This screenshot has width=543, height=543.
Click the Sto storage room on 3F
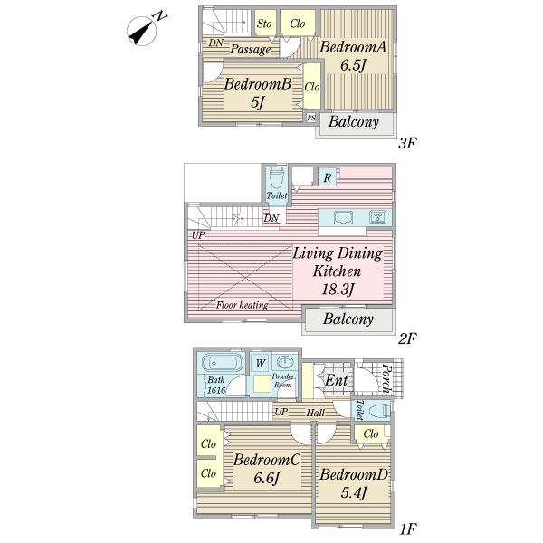265,24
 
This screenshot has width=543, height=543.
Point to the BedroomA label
354,47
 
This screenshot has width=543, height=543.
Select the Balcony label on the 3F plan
354,122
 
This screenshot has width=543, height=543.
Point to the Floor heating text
242,305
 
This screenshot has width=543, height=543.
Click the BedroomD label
354,476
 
